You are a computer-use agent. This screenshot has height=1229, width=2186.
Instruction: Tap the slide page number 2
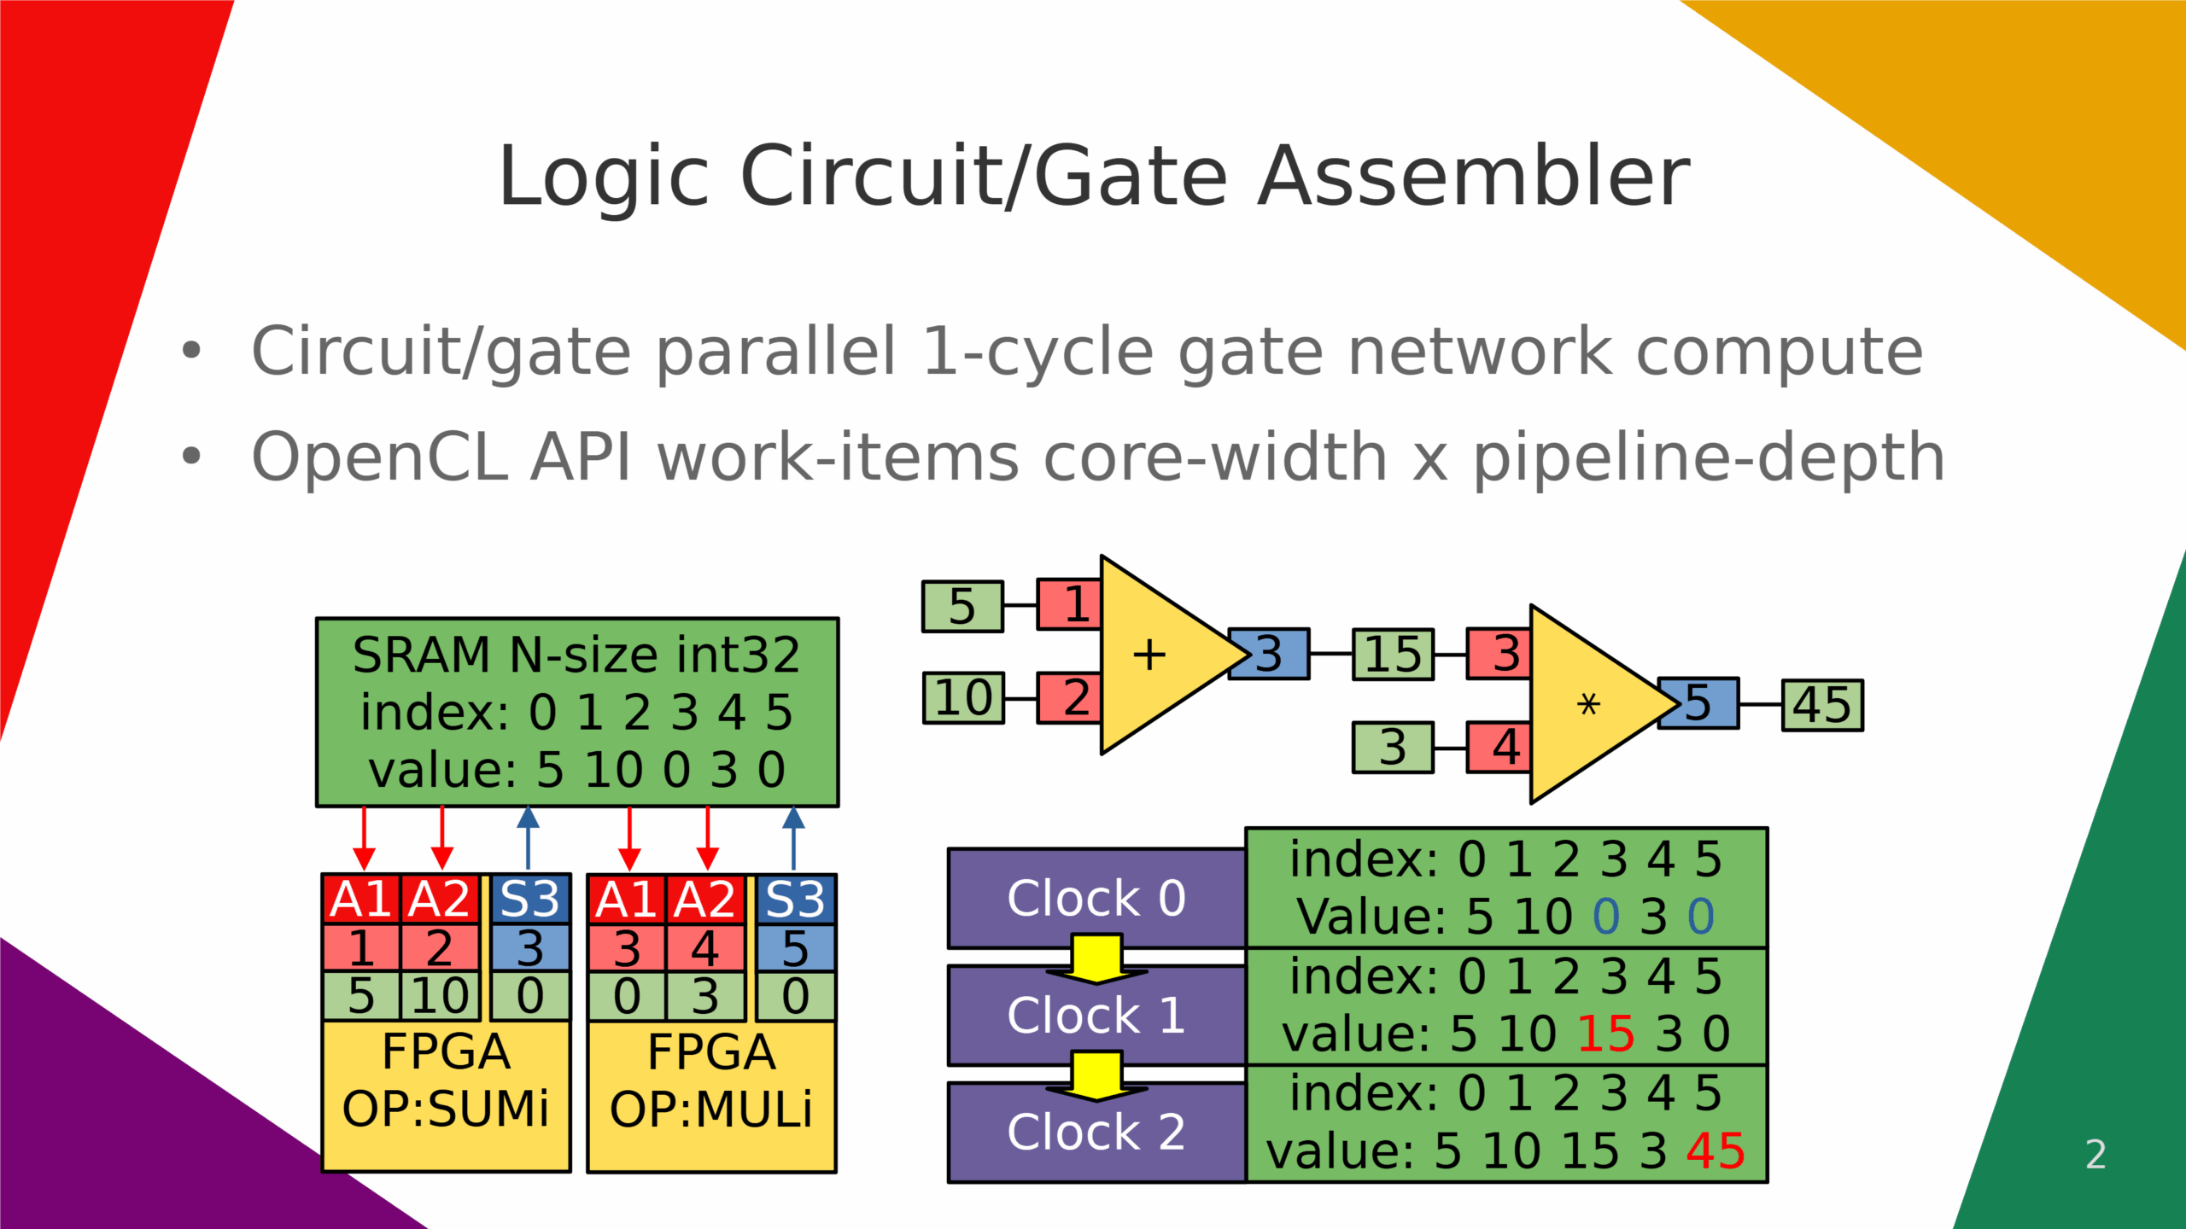[x=2095, y=1155]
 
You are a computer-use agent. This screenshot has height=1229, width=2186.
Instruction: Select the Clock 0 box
[x=1096, y=898]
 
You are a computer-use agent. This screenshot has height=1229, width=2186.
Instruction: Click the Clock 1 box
[x=1096, y=1016]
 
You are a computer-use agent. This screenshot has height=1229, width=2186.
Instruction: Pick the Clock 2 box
[x=1096, y=1133]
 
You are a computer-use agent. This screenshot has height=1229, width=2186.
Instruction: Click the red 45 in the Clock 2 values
[x=1715, y=1150]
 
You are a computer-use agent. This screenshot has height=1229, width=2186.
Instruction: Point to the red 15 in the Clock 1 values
[x=1605, y=1034]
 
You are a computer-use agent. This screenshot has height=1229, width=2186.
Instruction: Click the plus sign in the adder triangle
[x=1149, y=655]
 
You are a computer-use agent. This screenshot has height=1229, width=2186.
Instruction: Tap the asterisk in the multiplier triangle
[x=1587, y=705]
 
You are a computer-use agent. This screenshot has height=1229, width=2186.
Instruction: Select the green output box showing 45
[x=1822, y=705]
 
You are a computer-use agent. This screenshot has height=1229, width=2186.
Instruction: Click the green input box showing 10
[x=963, y=698]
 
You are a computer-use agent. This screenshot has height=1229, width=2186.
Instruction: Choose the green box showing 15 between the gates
[x=1393, y=655]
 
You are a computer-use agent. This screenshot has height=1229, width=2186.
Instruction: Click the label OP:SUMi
[x=446, y=1109]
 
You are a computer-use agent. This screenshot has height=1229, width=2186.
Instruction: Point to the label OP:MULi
[x=711, y=1109]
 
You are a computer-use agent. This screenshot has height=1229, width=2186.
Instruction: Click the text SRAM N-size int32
[x=576, y=655]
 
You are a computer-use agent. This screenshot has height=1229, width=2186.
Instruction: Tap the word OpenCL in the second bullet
[x=379, y=457]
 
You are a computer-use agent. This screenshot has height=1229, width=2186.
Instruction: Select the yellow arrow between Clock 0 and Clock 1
[x=1096, y=958]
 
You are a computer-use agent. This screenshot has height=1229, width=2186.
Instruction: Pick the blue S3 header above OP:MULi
[x=795, y=900]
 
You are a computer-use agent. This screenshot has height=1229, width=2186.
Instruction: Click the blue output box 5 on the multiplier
[x=1698, y=703]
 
